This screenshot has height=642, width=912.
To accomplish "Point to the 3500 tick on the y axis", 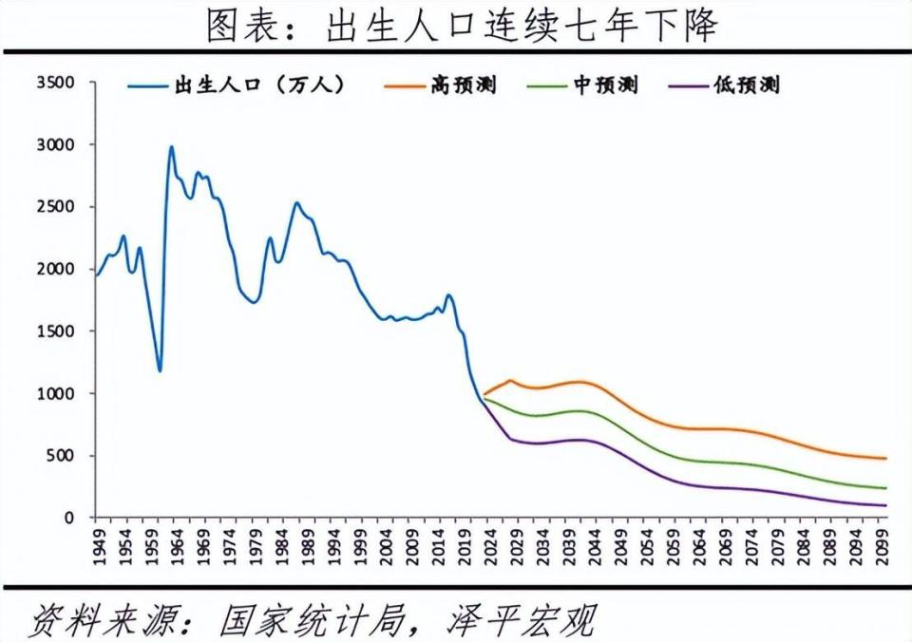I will pos(54,83).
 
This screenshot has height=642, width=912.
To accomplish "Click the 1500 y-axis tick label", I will pos(54,331).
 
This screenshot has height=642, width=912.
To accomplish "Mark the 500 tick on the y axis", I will pos(60,456).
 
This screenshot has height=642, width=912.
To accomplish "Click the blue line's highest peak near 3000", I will pos(171,147).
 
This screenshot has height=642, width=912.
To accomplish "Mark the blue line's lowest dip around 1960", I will pos(160,370).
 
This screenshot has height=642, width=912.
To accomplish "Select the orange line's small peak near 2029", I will pos(510,381).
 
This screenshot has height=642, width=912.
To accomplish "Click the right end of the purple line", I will pos(885,505).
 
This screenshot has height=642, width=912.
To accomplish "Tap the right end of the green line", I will pos(885,488).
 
